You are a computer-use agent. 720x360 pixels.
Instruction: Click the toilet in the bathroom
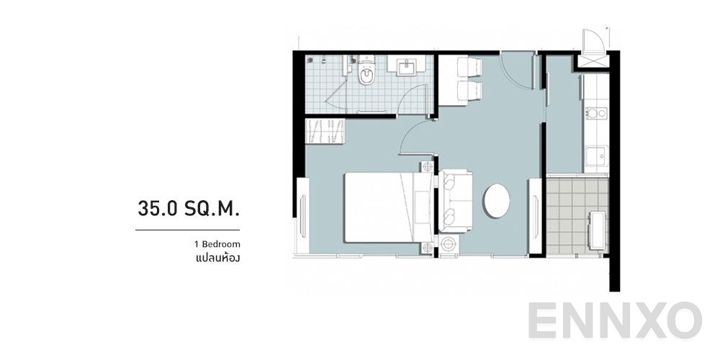tap(366, 75)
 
